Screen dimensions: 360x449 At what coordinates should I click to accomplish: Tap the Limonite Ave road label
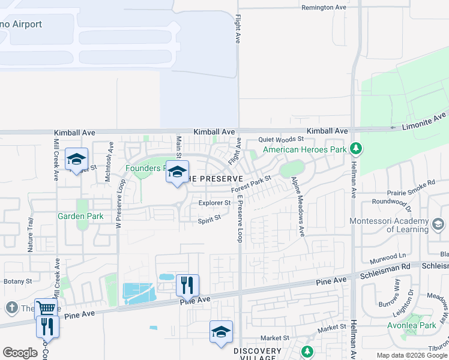tap(424, 121)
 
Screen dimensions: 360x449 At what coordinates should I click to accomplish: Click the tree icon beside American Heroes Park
tap(356, 148)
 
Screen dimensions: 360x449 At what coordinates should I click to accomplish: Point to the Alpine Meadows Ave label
tap(298, 206)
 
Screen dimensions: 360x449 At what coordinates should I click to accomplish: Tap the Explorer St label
tap(214, 203)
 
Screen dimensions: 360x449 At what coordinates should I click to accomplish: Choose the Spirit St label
tap(209, 220)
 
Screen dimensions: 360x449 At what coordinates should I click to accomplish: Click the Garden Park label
tap(80, 216)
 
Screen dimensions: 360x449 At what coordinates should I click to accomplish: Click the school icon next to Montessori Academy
tap(438, 224)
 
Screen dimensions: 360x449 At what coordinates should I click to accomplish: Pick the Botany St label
tap(17, 281)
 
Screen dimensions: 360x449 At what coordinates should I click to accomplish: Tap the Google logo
tap(20, 353)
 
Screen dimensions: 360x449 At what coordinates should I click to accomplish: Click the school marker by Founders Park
tap(177, 172)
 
